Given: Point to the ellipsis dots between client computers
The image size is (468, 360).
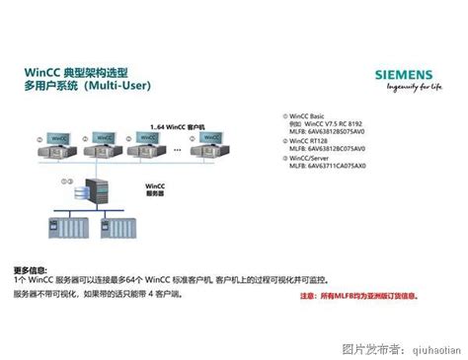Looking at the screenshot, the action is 179,149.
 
